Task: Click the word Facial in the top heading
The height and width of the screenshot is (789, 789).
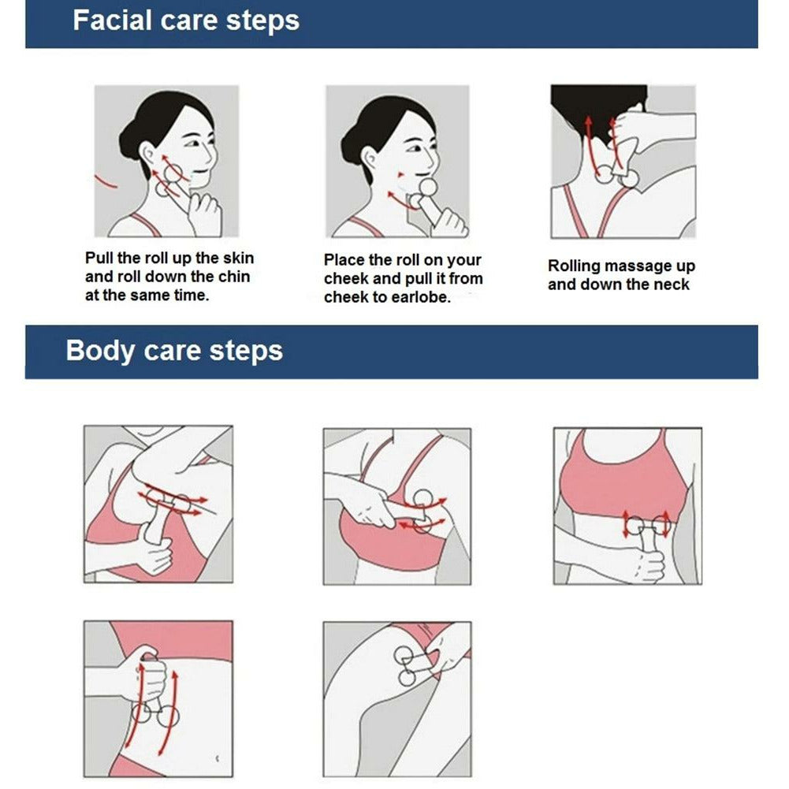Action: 112,20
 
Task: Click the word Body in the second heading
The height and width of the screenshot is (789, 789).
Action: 100,351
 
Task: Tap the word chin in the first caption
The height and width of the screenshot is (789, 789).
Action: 233,277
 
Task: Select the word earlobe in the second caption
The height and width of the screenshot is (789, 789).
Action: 421,297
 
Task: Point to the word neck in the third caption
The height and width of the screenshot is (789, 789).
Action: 672,285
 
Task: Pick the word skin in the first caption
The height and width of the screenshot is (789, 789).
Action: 238,258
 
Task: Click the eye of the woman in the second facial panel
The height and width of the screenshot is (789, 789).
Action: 415,148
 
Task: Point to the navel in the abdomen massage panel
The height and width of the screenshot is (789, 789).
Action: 218,757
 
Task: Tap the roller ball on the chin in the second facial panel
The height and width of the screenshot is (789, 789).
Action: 429,188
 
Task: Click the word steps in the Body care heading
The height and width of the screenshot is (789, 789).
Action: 246,352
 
